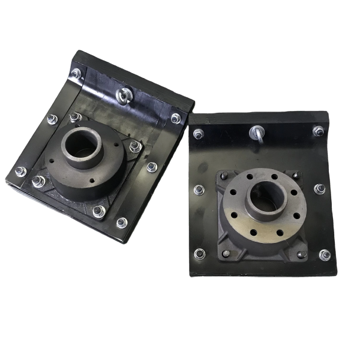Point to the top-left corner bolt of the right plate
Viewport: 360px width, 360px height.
click(x=198, y=133)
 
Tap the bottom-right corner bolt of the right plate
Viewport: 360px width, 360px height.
click(x=325, y=255)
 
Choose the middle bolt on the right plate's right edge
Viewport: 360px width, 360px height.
click(x=320, y=189)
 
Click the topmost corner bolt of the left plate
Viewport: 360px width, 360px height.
click(x=76, y=73)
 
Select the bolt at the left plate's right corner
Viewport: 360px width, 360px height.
click(x=176, y=118)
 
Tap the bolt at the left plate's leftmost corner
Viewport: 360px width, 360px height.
click(x=20, y=172)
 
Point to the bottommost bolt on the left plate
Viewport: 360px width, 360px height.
click(x=122, y=223)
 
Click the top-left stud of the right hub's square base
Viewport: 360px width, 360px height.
click(x=224, y=175)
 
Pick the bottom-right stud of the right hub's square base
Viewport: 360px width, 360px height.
click(x=301, y=254)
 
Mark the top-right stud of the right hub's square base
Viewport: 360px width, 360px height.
click(x=295, y=176)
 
